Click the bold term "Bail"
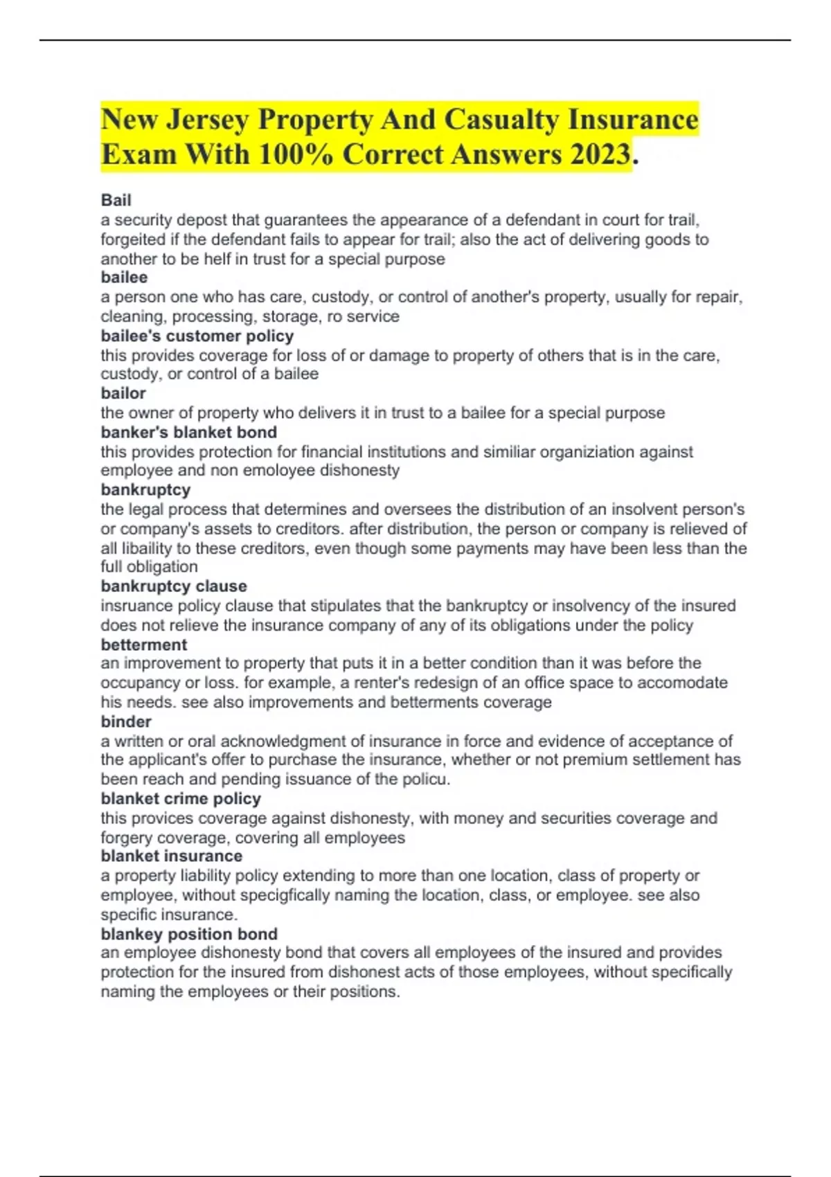[x=116, y=200]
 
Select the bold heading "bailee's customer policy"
[x=197, y=336]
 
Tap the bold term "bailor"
[x=123, y=393]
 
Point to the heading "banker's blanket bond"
[x=188, y=432]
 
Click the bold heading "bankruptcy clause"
[x=174, y=586]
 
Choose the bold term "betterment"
[x=144, y=645]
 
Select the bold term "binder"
[x=126, y=721]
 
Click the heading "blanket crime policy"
[x=181, y=798]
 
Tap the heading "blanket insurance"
[x=172, y=856]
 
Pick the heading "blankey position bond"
[x=189, y=934]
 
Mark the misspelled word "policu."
[x=427, y=779]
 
